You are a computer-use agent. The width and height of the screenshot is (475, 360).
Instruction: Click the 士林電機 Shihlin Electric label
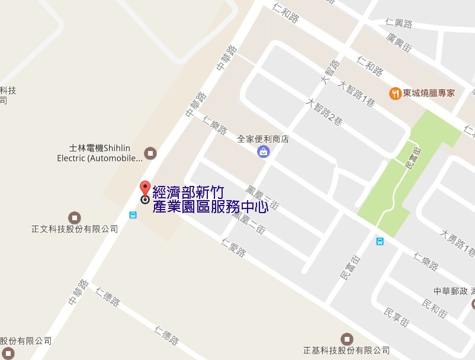pos(100,153)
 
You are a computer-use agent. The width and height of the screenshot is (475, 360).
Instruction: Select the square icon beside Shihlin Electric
pos(151,153)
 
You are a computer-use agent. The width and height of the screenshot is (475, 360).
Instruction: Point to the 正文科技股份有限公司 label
pos(75,229)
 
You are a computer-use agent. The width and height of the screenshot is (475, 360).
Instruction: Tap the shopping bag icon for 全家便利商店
pos(263,152)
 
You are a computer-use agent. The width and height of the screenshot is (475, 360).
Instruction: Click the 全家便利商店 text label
pos(263,140)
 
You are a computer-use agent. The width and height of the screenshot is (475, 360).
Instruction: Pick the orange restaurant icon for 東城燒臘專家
pos(394,94)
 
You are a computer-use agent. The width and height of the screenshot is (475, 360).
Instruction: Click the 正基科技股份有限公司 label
pos(346,350)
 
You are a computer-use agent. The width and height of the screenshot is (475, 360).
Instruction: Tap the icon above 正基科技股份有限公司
pos(346,338)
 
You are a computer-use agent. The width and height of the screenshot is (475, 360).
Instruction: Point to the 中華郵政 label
pos(451,291)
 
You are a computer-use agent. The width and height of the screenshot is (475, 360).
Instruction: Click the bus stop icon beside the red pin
pos(133,214)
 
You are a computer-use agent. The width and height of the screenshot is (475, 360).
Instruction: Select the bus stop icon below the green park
pos(380,241)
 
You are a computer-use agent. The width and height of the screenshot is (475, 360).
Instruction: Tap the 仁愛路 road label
pos(233,247)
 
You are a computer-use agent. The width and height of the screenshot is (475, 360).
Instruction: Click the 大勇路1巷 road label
pos(456,243)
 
